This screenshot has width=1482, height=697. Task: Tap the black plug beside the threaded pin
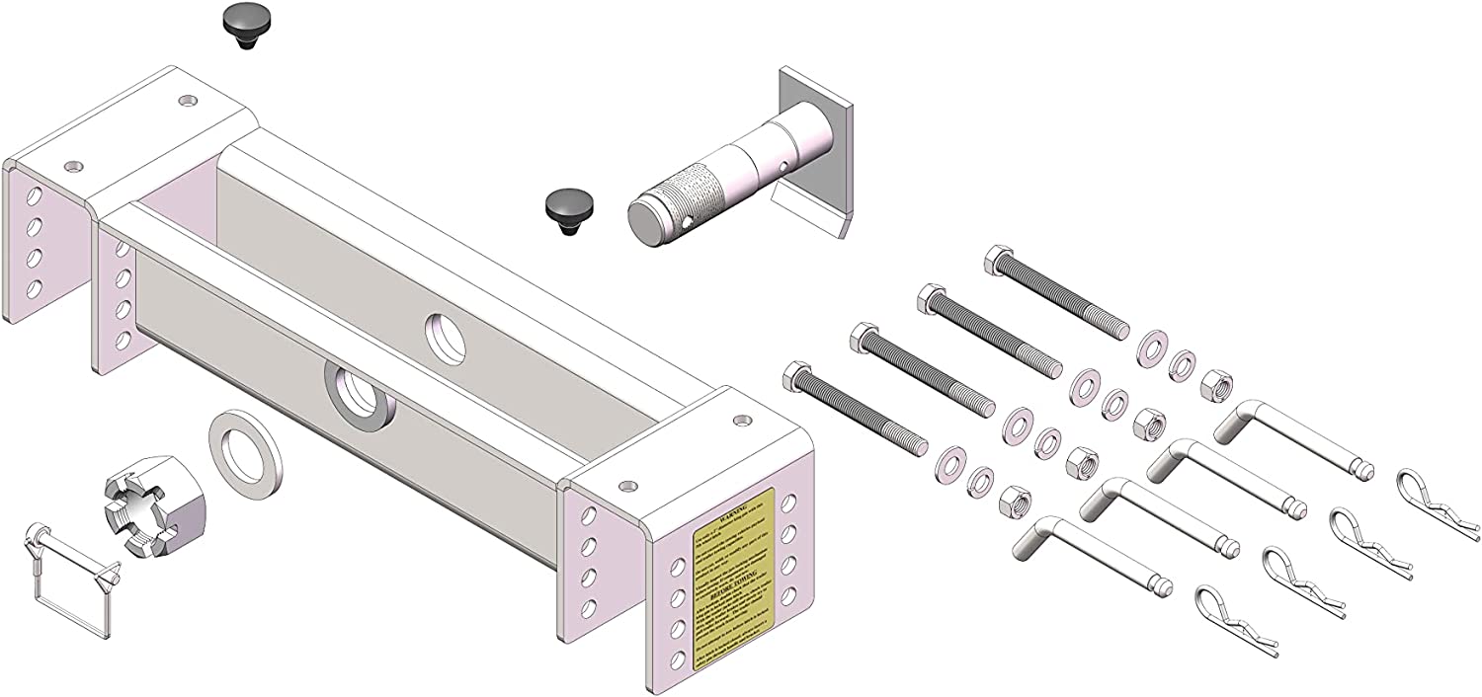(x=566, y=209)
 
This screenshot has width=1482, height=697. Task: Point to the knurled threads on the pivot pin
(x=692, y=194)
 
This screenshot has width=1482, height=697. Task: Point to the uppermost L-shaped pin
(x=1294, y=438)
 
